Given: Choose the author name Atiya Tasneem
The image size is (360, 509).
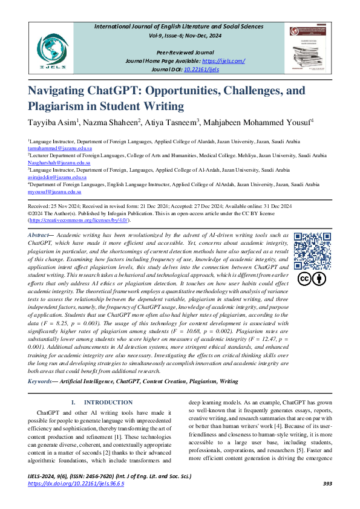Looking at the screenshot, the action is point(174,123).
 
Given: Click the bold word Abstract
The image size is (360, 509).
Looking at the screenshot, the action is point(38,235).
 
